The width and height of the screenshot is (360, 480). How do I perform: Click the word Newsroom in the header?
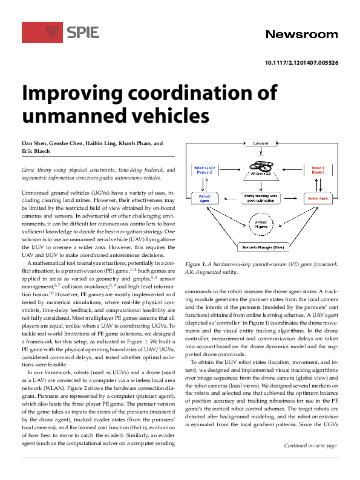coord(301,34)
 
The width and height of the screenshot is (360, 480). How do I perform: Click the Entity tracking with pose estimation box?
coord(260,198)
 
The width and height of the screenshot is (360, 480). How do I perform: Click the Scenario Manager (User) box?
coord(260,248)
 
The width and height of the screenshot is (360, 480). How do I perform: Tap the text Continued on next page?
coord(310,462)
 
